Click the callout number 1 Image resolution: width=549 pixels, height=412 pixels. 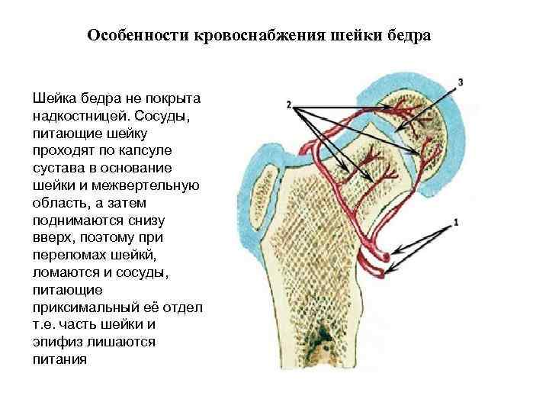coord(456,222)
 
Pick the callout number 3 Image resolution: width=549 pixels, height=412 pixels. coord(461,81)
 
